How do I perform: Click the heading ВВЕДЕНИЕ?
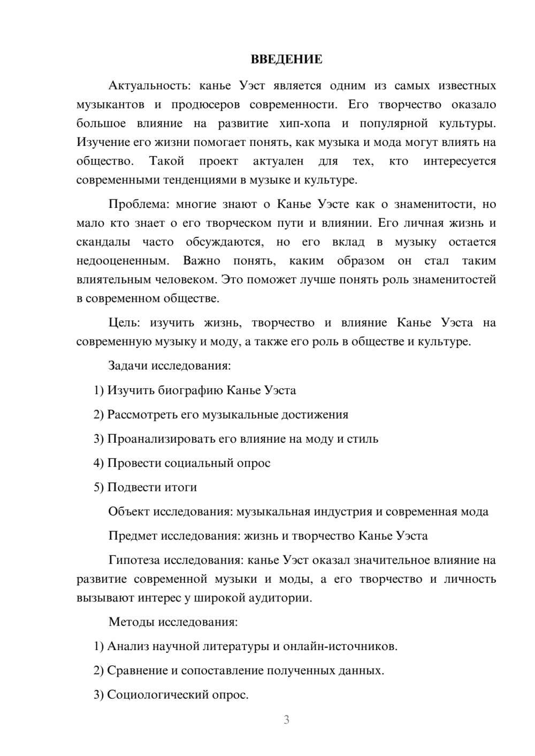pos(286,59)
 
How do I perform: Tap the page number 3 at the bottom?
pos(286,720)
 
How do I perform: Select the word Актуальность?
pos(147,86)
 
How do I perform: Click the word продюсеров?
pos(204,104)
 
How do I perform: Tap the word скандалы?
pos(103,242)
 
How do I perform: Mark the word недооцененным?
pos(123,261)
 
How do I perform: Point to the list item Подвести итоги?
pos(152,487)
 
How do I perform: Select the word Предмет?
pos(133,536)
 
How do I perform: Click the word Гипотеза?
pos(134,560)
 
